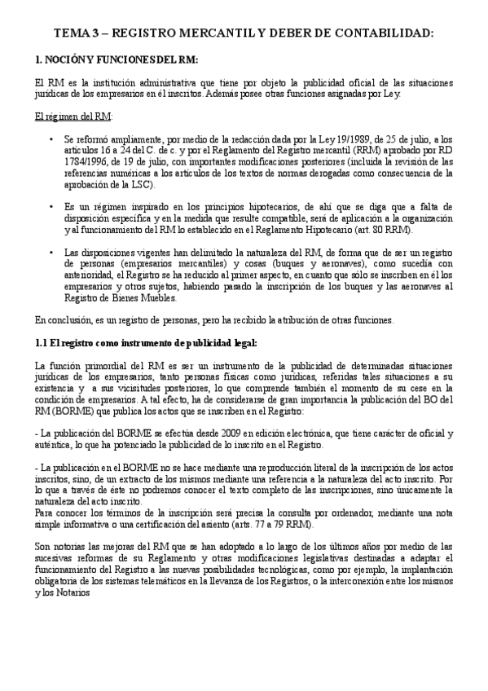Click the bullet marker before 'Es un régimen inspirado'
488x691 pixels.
(53, 209)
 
